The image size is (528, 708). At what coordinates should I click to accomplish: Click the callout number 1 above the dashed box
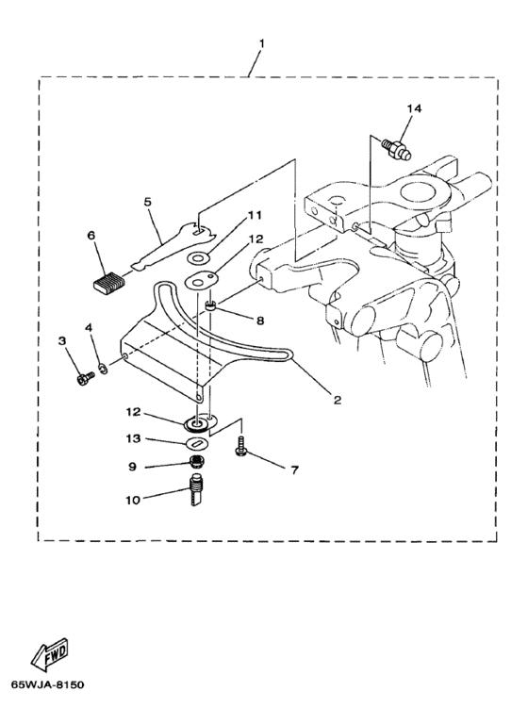261,43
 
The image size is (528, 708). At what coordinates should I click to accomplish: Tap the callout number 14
414,108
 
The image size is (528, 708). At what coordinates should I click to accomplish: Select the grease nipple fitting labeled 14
398,150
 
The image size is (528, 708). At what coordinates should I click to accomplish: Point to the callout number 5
148,202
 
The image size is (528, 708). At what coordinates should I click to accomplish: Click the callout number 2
338,400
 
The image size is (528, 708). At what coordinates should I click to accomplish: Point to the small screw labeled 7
240,446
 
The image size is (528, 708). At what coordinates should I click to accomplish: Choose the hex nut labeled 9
197,461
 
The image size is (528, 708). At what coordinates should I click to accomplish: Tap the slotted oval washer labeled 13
197,443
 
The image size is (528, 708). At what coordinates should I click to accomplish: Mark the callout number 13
133,438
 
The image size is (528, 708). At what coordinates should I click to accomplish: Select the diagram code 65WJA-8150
48,685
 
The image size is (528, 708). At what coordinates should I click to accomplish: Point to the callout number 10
133,500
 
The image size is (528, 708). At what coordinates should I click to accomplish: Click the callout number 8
259,321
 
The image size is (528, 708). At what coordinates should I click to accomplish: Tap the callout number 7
294,470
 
